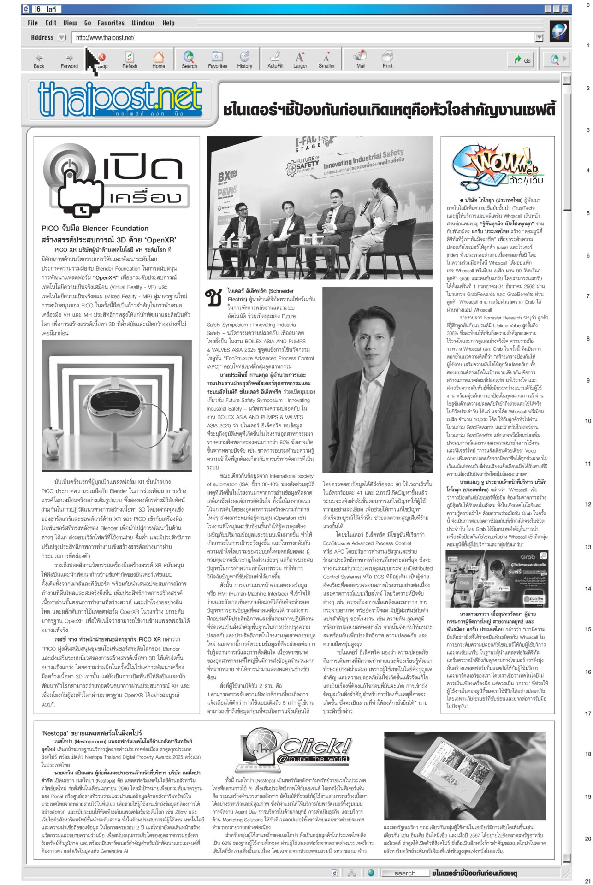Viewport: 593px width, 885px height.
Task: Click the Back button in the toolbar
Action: tap(39, 60)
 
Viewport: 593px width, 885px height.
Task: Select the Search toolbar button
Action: tap(189, 60)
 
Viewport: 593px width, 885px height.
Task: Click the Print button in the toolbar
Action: tap(387, 60)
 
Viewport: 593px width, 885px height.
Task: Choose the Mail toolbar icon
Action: tap(360, 60)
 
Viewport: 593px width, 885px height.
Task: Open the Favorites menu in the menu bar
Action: tap(111, 23)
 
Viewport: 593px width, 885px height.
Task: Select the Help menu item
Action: tap(168, 23)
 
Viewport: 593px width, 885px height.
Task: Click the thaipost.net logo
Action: tap(120, 99)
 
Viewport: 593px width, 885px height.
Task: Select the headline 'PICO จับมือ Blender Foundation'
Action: tap(95, 228)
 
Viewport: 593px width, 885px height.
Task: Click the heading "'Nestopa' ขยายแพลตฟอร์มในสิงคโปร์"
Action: tap(92, 732)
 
